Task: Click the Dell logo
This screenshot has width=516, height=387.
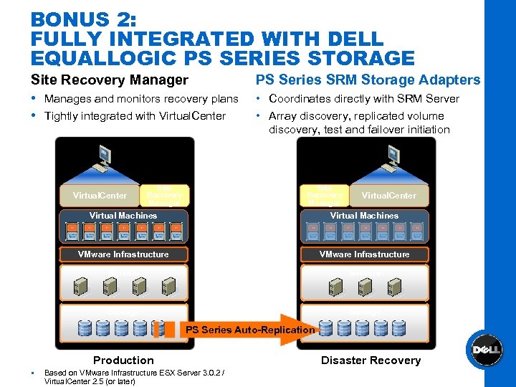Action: [485, 350]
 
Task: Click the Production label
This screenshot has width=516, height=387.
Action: [123, 360]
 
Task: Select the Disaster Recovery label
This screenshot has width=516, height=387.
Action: [371, 360]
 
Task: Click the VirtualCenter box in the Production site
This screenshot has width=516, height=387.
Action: [100, 196]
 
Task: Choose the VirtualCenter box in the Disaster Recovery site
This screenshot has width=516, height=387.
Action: [388, 196]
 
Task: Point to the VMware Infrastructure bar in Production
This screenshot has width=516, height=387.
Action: [123, 254]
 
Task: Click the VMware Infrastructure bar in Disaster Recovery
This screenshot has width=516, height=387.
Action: [364, 254]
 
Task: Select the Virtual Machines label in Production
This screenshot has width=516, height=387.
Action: [123, 216]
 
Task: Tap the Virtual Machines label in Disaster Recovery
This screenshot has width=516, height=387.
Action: [364, 216]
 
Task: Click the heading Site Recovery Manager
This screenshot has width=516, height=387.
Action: [110, 80]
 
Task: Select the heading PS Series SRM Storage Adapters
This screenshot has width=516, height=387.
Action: [368, 80]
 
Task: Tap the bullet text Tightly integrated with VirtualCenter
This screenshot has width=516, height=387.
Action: [135, 116]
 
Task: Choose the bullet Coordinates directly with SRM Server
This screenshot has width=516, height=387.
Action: [364, 99]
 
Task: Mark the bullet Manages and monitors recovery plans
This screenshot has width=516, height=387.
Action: [141, 99]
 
